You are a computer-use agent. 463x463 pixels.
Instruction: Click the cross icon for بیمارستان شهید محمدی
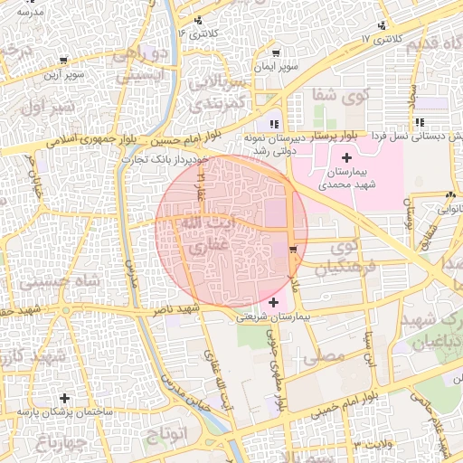[x=346, y=158]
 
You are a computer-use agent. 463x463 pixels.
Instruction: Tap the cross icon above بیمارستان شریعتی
[x=274, y=301]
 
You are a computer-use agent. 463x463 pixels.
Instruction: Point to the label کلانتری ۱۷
[x=379, y=40]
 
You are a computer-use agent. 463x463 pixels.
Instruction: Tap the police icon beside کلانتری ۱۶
[x=198, y=20]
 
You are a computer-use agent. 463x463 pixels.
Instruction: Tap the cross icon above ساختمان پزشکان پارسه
[x=63, y=398]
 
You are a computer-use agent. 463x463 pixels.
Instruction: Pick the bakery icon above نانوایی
[x=450, y=195]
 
